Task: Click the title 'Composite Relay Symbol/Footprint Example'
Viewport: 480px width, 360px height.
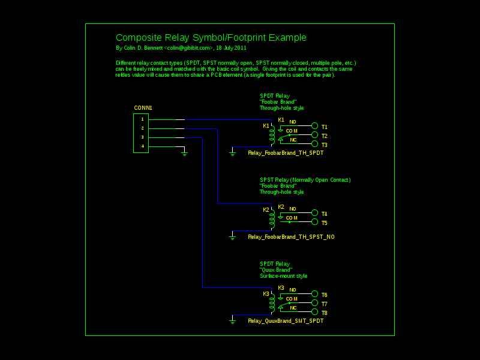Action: [211, 38]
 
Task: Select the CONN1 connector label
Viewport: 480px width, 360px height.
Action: [143, 108]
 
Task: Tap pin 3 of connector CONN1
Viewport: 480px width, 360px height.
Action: [142, 137]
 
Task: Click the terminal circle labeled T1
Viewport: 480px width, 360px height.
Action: [314, 126]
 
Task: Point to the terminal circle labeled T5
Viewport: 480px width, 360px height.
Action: [314, 222]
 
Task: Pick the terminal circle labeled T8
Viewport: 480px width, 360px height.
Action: [314, 312]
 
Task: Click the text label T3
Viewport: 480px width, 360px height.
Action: [324, 145]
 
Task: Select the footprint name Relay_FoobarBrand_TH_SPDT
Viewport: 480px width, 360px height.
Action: [286, 153]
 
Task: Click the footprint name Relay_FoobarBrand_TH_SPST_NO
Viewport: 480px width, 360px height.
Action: [291, 237]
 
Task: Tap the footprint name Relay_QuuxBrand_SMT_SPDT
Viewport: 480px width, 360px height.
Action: [286, 321]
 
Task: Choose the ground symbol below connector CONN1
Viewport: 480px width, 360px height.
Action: [184, 154]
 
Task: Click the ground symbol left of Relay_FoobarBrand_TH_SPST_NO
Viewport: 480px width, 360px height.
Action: [232, 237]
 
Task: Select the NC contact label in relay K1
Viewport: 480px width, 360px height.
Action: [293, 140]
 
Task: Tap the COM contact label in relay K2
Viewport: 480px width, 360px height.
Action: [292, 218]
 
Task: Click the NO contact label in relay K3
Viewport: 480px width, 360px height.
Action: [293, 290]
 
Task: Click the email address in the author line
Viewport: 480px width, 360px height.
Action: [188, 48]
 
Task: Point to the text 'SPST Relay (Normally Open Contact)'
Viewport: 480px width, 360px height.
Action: [305, 180]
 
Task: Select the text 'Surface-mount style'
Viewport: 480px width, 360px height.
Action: [283, 276]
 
